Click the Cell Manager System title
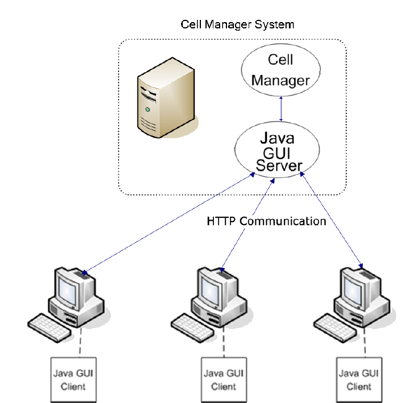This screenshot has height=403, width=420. (237, 24)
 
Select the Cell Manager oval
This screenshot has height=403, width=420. (280, 71)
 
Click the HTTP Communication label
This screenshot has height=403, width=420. (266, 221)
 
